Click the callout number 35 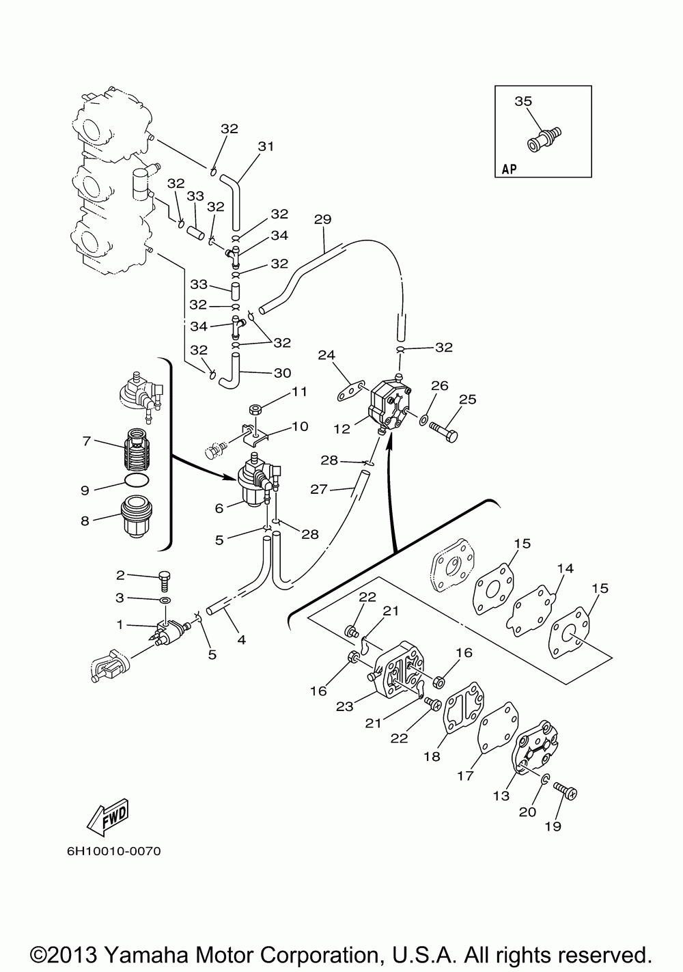click(523, 101)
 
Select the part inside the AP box click(544, 139)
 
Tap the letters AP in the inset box click(510, 169)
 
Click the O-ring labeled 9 click(137, 480)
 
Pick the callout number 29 click(323, 219)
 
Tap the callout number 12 click(341, 429)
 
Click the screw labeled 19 click(566, 792)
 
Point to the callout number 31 click(266, 147)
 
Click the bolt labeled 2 click(165, 580)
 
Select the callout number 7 click(86, 441)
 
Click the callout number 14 click(566, 568)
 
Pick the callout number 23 click(344, 706)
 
